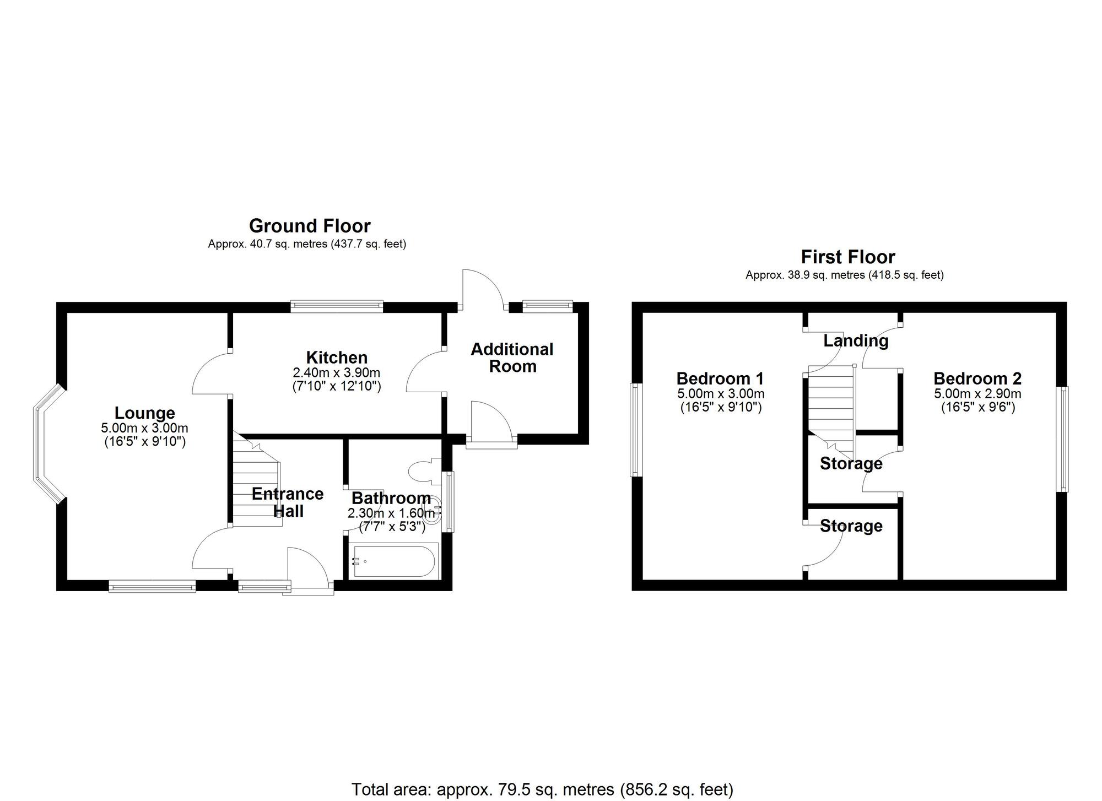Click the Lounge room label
144,413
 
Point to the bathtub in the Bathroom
395,561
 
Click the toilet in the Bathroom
424,470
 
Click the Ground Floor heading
310,225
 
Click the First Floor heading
847,257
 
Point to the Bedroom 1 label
720,378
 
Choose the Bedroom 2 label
977,378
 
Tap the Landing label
856,341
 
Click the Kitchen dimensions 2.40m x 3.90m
337,373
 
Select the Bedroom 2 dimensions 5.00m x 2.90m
977,394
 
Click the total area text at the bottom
542,789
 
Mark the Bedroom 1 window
636,430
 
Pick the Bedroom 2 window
1062,439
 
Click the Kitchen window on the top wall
337,307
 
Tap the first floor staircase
830,405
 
